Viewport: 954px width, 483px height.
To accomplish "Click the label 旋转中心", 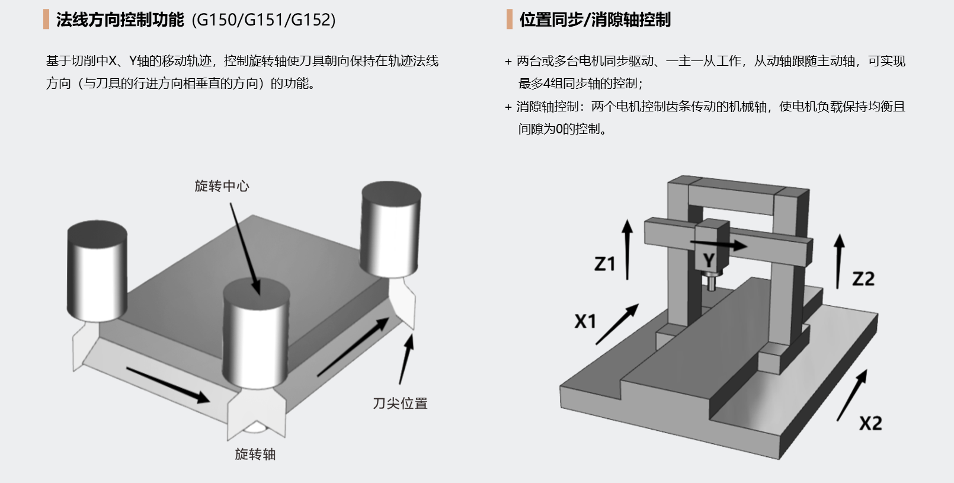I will coord(222,186).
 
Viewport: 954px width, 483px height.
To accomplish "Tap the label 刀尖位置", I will coord(400,404).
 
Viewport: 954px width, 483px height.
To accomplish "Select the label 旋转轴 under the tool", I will coord(255,455).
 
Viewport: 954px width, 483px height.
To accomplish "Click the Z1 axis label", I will coord(605,264).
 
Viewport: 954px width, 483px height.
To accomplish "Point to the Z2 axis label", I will coord(863,279).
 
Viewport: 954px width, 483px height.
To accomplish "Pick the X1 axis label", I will coord(585,321).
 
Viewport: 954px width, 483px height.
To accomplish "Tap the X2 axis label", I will coord(870,423).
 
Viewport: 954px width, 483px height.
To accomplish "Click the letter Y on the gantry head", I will coord(709,260).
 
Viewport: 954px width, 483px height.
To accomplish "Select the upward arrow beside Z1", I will coord(628,249).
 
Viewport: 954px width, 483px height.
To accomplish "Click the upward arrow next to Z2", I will coord(838,261).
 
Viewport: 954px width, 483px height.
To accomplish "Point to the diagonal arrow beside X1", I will coord(617,324).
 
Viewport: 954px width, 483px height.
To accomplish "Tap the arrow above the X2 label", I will coord(852,395).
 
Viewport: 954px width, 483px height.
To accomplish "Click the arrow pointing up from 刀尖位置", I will coord(406,359).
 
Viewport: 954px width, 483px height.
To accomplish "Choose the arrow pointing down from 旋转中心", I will coord(245,249).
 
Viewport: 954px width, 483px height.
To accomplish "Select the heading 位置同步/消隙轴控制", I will coord(595,20).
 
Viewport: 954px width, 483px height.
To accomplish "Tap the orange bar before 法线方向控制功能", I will coord(46,20).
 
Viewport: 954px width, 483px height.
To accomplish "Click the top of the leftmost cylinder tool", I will coord(97,231).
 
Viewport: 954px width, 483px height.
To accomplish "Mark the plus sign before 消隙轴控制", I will coord(508,107).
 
